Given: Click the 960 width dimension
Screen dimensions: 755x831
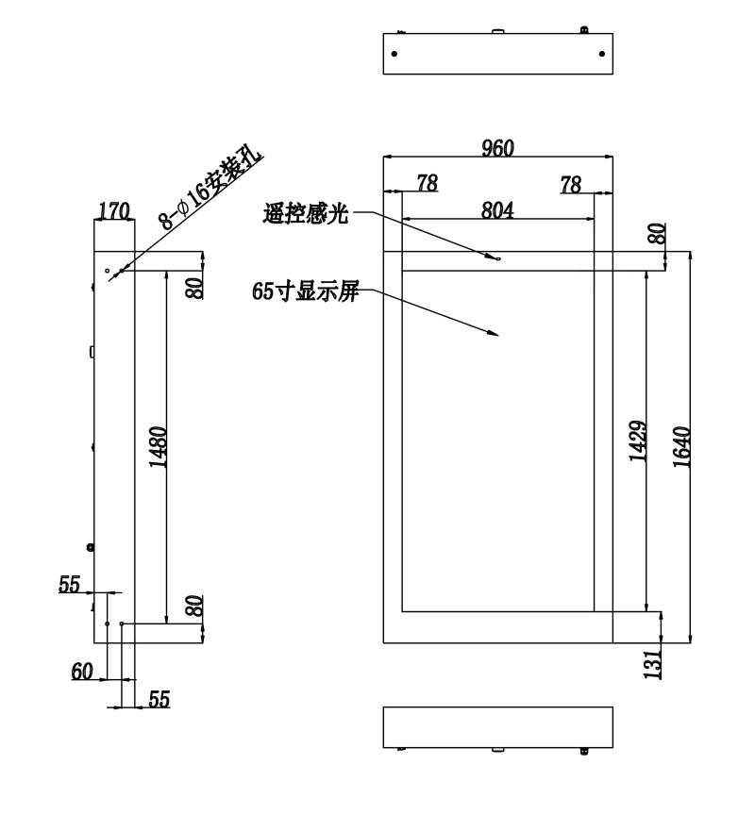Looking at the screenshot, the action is (498, 148).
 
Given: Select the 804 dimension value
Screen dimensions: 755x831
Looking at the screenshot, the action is (497, 210).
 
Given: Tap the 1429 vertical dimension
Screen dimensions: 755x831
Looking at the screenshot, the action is (637, 440).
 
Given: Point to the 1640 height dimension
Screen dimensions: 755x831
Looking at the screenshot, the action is (681, 447).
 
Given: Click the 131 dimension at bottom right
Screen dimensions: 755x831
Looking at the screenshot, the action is (653, 663).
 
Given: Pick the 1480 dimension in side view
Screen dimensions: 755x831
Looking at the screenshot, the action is (158, 447).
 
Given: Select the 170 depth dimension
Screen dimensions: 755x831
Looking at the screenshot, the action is (114, 211).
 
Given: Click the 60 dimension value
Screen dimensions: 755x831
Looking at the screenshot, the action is (82, 672).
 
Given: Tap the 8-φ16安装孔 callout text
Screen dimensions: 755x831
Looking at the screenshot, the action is (210, 191).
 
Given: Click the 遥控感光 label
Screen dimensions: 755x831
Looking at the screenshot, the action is (306, 214).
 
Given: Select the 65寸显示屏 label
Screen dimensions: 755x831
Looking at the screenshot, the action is (306, 291).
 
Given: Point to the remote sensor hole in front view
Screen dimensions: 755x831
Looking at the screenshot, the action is (498, 258).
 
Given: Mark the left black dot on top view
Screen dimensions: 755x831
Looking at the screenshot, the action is (394, 54).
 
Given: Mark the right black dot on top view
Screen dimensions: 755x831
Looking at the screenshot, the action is (602, 54).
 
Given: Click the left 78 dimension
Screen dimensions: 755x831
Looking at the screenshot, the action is (428, 183).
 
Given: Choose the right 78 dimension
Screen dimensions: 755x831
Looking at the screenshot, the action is (571, 185).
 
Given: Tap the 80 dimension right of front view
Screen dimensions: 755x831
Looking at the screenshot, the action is (657, 233).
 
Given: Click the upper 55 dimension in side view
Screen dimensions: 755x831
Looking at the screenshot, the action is (69, 584).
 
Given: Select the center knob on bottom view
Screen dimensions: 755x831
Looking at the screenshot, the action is (497, 750).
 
